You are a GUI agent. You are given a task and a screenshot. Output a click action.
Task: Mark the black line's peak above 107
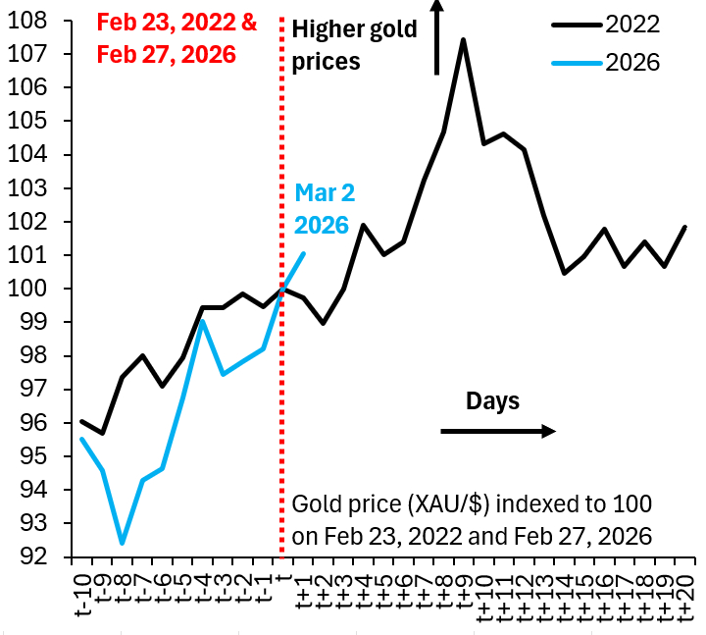[463, 39]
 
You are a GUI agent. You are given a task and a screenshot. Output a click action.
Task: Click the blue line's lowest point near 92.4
[122, 543]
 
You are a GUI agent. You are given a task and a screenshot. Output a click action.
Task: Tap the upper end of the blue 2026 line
[304, 253]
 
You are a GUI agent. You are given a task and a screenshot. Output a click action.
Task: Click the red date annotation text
[176, 38]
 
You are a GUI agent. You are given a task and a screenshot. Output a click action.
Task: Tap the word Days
[492, 400]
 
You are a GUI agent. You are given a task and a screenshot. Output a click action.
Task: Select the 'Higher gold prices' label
[354, 45]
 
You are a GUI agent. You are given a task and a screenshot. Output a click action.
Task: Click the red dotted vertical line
[282, 393]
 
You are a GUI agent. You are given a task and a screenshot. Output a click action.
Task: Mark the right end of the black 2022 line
[684, 227]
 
